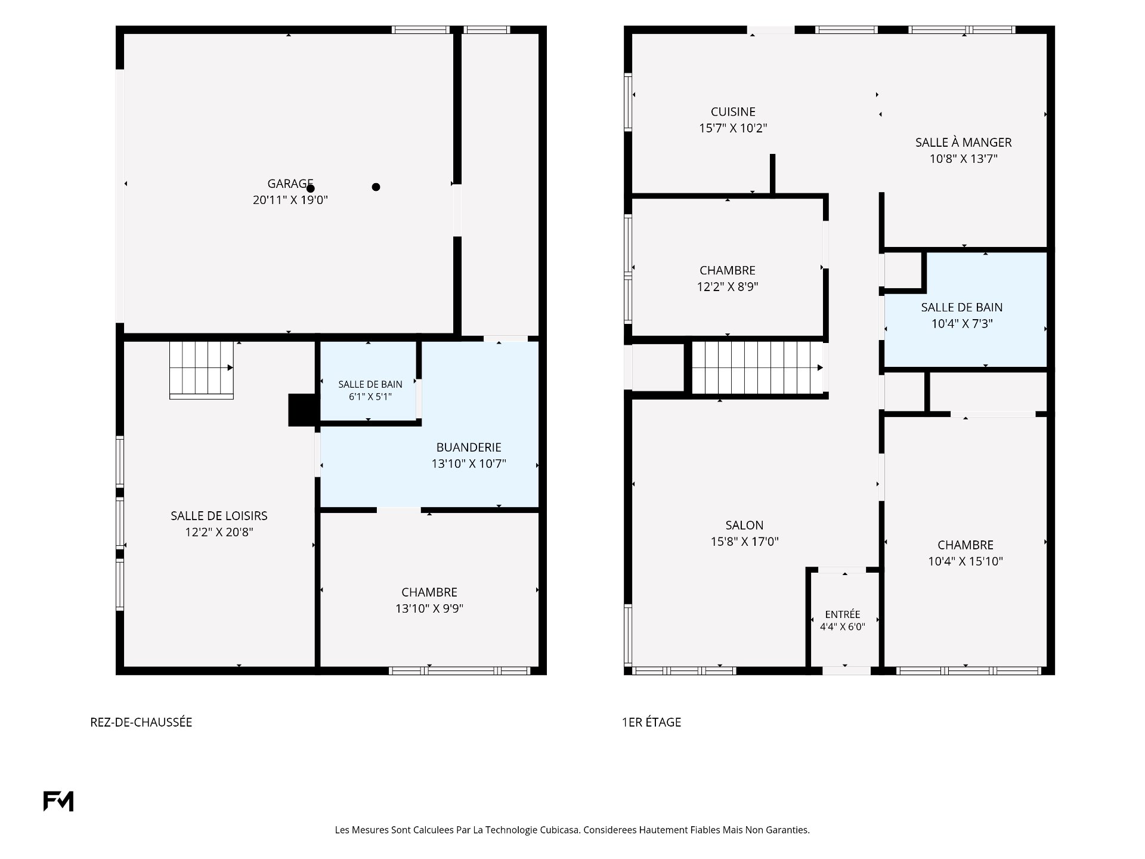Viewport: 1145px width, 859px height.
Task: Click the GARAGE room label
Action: [x=290, y=184]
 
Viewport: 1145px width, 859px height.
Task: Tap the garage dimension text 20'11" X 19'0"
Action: [x=290, y=200]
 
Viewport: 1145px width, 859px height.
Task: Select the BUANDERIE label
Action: [x=469, y=447]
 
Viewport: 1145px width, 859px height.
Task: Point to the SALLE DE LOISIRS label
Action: [x=219, y=516]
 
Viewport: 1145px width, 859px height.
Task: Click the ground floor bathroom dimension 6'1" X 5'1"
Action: [x=370, y=396]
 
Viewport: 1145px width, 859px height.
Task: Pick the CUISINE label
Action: [x=733, y=112]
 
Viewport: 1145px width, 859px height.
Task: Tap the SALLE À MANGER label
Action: [x=964, y=143]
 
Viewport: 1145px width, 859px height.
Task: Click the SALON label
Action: [x=744, y=526]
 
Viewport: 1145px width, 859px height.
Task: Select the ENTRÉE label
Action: [x=843, y=614]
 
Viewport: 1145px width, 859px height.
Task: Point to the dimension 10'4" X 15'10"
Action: [x=965, y=561]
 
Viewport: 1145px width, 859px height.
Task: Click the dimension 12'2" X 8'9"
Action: [x=728, y=287]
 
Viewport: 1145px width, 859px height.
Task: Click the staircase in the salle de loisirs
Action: [x=202, y=370]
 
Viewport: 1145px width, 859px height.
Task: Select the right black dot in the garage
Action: [x=376, y=187]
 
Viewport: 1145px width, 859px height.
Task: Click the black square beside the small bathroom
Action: [x=303, y=410]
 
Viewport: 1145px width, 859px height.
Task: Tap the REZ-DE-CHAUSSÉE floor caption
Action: [x=141, y=722]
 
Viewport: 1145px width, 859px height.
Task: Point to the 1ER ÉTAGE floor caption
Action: [x=651, y=722]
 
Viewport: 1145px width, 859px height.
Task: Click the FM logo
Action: [x=58, y=801]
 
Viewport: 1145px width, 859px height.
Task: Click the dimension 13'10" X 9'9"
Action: [x=429, y=608]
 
